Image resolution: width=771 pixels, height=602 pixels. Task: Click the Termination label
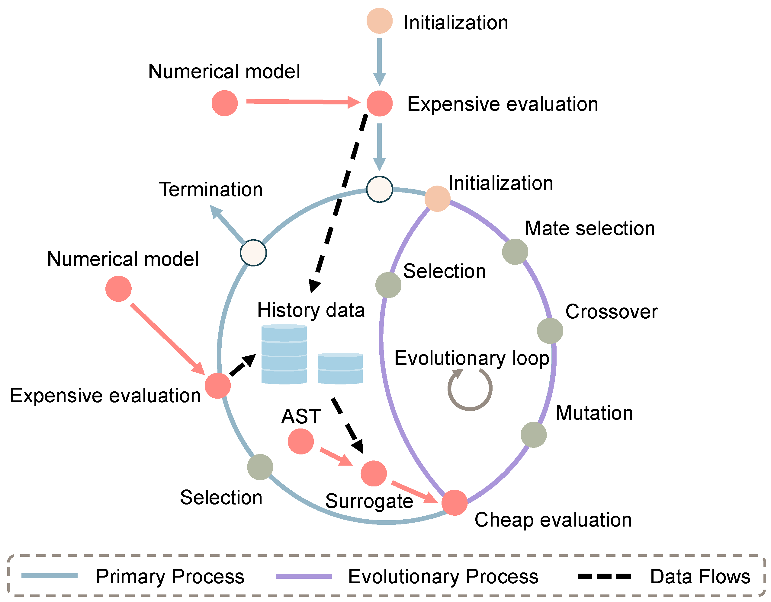point(211,190)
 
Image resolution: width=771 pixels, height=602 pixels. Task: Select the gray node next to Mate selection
point(515,251)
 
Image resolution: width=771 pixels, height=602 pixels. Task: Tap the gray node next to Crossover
point(550,331)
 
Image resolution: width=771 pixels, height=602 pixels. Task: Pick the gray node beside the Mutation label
point(533,435)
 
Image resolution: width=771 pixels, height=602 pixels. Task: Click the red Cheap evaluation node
point(454,502)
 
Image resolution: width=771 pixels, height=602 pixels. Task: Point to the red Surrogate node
point(374,473)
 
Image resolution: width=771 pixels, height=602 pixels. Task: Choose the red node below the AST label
point(300,441)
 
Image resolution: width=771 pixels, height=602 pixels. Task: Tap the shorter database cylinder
point(340,368)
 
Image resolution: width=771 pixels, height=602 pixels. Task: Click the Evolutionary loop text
point(472,358)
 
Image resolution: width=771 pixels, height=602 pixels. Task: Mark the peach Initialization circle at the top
point(380,21)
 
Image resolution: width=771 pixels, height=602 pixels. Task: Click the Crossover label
point(612,312)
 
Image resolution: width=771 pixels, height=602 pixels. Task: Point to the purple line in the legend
point(304,577)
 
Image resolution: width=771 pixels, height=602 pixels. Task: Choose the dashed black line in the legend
point(604,577)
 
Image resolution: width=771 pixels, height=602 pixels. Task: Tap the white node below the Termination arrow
point(253,253)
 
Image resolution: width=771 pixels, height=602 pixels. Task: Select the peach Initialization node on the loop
point(437,199)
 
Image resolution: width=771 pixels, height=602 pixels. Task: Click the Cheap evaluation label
point(553,520)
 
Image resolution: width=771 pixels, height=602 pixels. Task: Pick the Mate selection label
point(589,228)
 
